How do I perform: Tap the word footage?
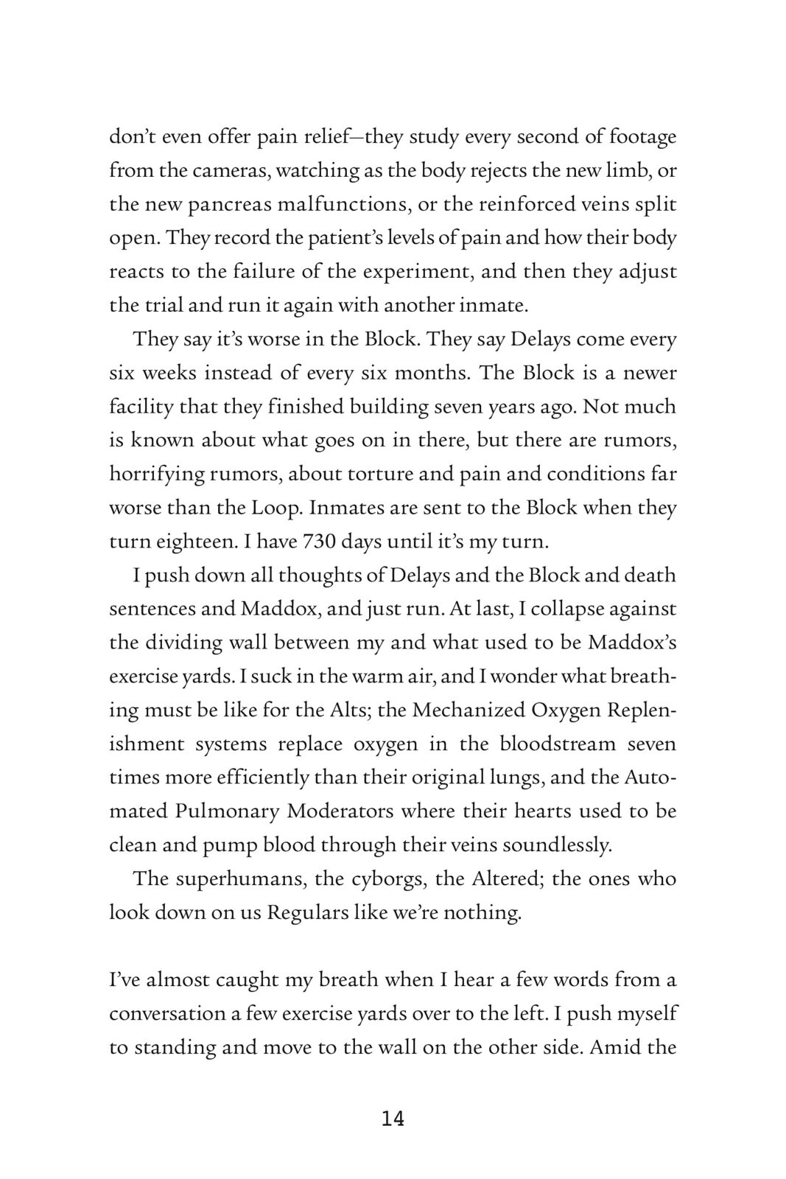click(638, 137)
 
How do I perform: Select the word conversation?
click(166, 1014)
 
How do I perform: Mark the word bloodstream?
click(558, 744)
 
